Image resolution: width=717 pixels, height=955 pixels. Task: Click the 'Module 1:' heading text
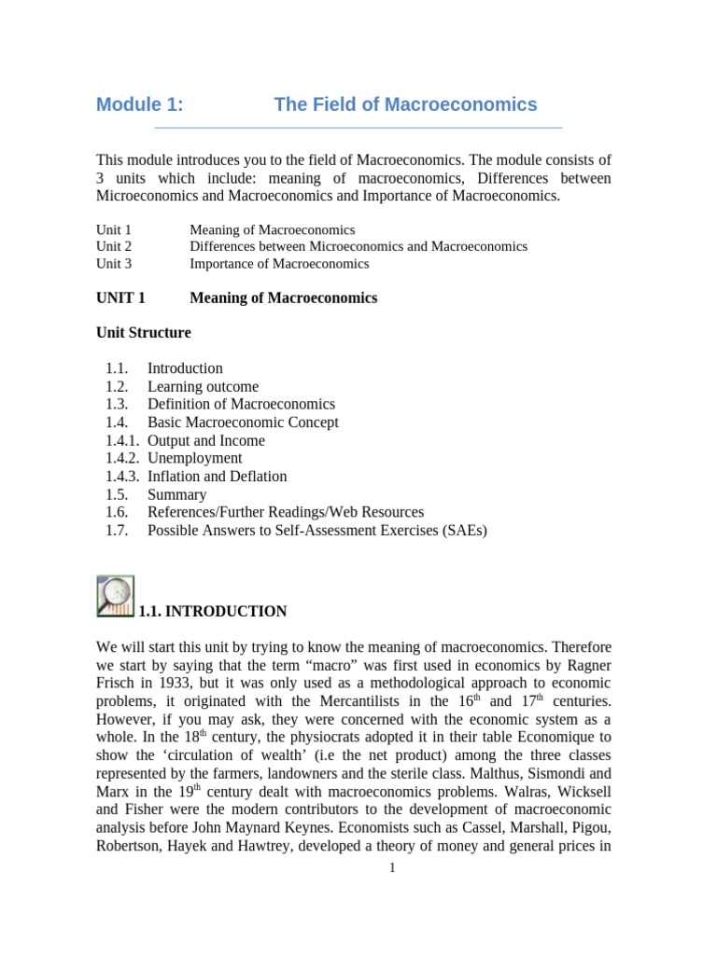(x=140, y=104)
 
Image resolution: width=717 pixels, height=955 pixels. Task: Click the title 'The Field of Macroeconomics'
(x=405, y=104)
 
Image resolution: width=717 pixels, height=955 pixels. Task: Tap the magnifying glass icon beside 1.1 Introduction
(x=115, y=596)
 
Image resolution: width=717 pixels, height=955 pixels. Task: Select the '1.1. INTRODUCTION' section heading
(x=213, y=612)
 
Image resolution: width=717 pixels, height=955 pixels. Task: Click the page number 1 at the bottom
(x=393, y=868)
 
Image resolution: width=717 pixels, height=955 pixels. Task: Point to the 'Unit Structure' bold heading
(x=144, y=333)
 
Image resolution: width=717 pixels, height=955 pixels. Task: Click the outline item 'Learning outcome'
(x=203, y=386)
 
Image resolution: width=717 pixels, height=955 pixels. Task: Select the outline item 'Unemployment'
(x=194, y=458)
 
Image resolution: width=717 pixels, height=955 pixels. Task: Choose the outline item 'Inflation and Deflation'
(x=217, y=477)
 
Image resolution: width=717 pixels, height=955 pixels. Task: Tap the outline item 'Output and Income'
(x=205, y=440)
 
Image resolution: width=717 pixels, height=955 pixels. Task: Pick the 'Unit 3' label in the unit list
(x=114, y=264)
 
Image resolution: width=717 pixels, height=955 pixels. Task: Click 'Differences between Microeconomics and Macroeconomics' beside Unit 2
(x=358, y=246)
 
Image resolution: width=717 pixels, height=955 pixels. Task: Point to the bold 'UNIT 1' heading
(x=121, y=298)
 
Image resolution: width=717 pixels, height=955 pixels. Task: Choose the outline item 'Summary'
(x=176, y=494)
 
